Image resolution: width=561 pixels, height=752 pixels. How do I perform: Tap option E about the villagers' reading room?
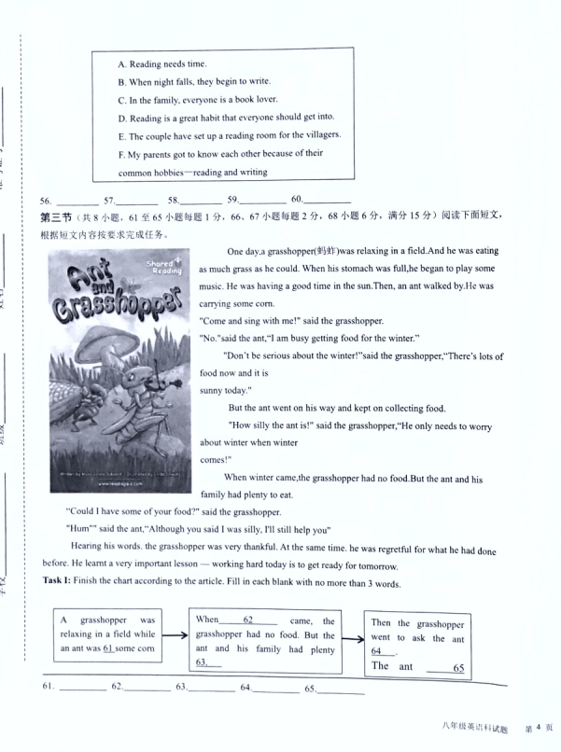(x=229, y=135)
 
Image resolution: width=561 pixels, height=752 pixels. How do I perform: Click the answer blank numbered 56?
(x=77, y=201)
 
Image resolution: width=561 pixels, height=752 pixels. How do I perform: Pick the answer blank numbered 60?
(x=328, y=200)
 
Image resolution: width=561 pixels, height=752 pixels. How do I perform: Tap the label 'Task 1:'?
(x=63, y=583)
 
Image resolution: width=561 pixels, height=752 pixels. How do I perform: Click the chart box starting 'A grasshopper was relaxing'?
(x=107, y=634)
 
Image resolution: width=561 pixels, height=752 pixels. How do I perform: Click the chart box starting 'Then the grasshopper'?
(x=417, y=644)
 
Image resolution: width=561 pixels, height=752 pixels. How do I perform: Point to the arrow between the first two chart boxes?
(x=175, y=638)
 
